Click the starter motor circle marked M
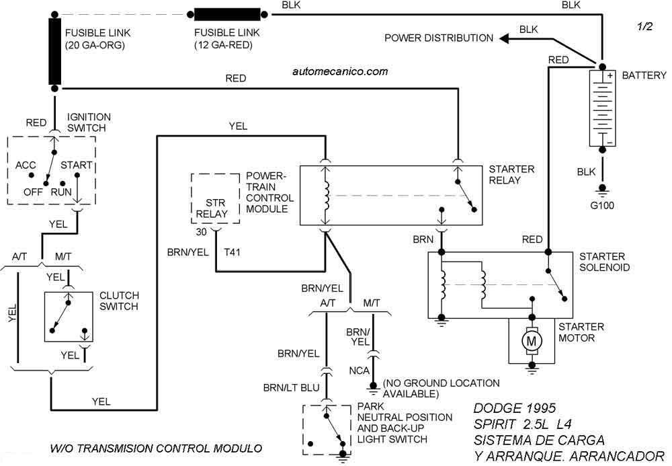point(532,342)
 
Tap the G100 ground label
point(602,206)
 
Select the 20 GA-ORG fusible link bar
point(54,51)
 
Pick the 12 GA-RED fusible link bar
point(227,14)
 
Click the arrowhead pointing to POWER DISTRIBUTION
point(503,38)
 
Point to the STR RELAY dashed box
point(216,199)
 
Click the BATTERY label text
point(644,75)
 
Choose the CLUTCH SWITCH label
point(119,301)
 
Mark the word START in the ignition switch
point(77,164)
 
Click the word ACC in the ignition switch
point(26,164)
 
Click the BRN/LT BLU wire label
point(290,387)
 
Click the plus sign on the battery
point(610,77)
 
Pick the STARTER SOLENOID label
point(602,262)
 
